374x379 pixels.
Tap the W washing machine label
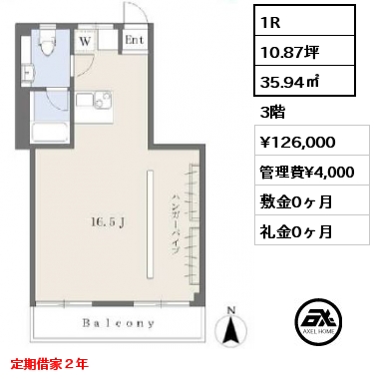[x=86, y=42]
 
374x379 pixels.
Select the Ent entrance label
[x=135, y=40]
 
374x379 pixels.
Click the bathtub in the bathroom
[x=50, y=133]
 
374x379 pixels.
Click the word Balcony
[x=119, y=323]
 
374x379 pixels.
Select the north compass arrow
[x=231, y=327]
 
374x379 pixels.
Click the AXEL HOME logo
[x=318, y=320]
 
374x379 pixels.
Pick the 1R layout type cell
[x=304, y=21]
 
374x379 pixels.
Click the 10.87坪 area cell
[x=304, y=51]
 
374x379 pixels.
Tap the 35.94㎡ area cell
[x=304, y=81]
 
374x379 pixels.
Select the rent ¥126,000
[x=297, y=142]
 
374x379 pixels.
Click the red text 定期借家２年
[x=50, y=364]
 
